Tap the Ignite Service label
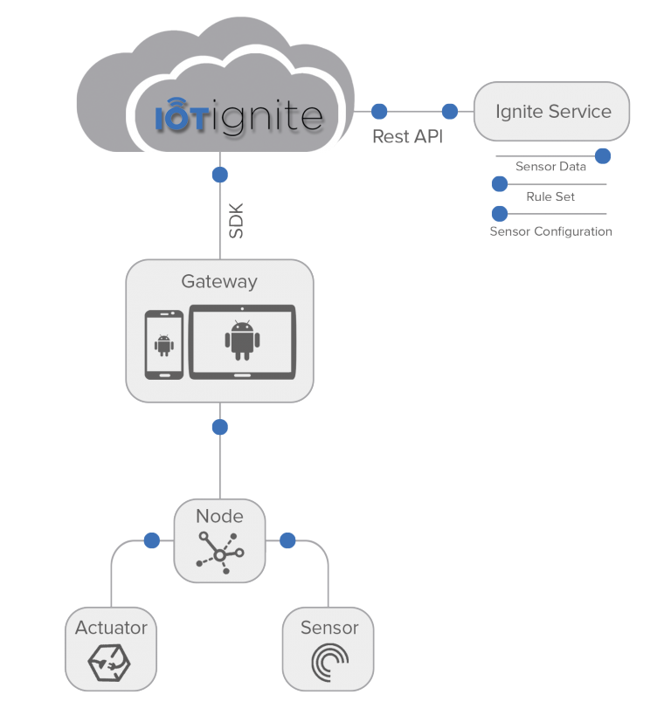[x=552, y=112]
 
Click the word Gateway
[x=219, y=281]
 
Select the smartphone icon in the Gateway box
[x=163, y=345]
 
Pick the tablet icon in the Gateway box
[x=243, y=341]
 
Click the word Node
[x=219, y=516]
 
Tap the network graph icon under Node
[x=220, y=554]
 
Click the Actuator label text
[x=111, y=628]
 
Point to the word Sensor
[x=329, y=628]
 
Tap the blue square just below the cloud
[x=220, y=175]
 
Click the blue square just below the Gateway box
[x=220, y=427]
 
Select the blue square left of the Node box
[x=152, y=540]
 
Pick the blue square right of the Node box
[x=287, y=540]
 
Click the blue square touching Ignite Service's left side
[x=450, y=111]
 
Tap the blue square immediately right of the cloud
[x=379, y=111]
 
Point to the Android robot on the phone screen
[x=163, y=346]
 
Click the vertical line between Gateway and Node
[x=220, y=463]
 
